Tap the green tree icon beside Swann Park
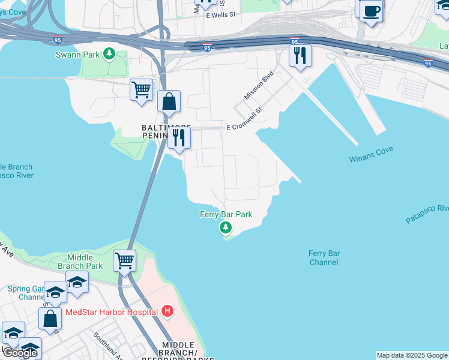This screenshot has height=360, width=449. tap(109, 55)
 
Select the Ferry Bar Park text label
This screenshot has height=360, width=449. tap(226, 214)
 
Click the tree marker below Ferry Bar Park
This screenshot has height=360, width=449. tap(226, 227)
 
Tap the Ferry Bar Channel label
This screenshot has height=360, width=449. tap(324, 258)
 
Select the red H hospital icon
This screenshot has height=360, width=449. tap(167, 311)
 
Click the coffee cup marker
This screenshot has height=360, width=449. tap(372, 10)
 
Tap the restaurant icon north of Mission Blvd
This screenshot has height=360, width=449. tap(300, 56)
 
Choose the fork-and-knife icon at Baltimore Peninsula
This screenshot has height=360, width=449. tap(179, 137)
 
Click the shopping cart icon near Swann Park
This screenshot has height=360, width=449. tap(141, 90)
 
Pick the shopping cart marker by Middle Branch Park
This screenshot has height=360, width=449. tap(124, 261)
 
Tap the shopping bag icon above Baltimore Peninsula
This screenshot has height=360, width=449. tap(169, 101)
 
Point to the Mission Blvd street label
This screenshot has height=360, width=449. tap(259, 86)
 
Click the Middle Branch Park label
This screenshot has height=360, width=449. tap(80, 262)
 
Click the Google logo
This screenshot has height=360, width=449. tap(19, 353)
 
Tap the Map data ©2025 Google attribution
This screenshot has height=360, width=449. tap(412, 355)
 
